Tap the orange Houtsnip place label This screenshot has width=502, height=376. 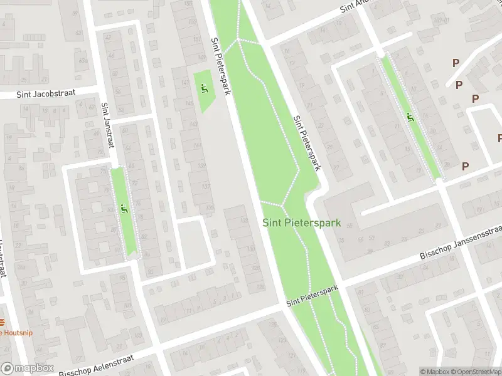pyautogui.click(x=15, y=333)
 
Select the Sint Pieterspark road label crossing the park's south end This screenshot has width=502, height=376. pyautogui.click(x=312, y=296)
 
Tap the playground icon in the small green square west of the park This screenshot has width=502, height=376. pyautogui.click(x=203, y=88)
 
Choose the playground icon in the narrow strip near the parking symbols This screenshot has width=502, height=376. pyautogui.click(x=410, y=117)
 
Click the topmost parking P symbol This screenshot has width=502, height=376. pyautogui.click(x=456, y=63)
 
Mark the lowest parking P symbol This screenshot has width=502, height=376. pyautogui.click(x=465, y=166)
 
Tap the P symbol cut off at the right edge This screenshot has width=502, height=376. pyautogui.click(x=499, y=138)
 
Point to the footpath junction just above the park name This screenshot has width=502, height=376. pyautogui.click(x=283, y=204)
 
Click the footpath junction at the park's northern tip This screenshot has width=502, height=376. pyautogui.click(x=238, y=40)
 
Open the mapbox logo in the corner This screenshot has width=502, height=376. pyautogui.click(x=26, y=368)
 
